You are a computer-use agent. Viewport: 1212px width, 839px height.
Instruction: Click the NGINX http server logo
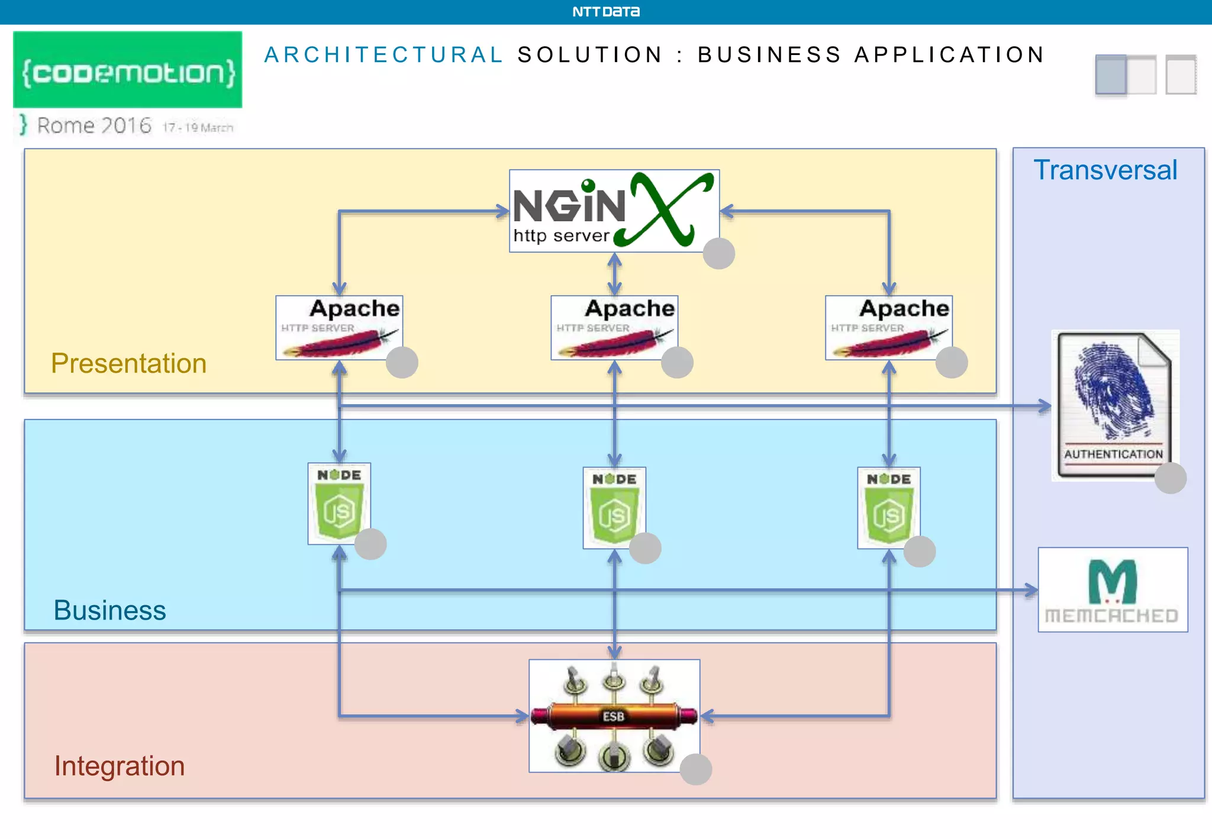pyautogui.click(x=614, y=211)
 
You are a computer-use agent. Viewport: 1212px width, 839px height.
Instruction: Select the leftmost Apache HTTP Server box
pyautogui.click(x=339, y=327)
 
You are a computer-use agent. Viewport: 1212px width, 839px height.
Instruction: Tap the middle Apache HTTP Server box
pyautogui.click(x=614, y=327)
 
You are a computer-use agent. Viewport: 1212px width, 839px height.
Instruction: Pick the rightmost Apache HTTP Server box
pyautogui.click(x=888, y=327)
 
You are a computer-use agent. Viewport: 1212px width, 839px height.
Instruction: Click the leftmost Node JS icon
pyautogui.click(x=339, y=503)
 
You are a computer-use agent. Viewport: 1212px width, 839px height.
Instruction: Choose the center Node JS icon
pyautogui.click(x=614, y=508)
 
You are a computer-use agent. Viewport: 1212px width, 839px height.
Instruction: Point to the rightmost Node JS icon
pyautogui.click(x=888, y=508)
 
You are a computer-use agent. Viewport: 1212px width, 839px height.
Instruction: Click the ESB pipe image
pyautogui.click(x=614, y=715)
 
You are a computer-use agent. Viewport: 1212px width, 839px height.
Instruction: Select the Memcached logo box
pyautogui.click(x=1113, y=589)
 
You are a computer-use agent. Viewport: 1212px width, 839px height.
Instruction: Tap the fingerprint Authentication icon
pyautogui.click(x=1115, y=405)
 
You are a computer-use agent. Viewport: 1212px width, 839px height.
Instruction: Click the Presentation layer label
pyautogui.click(x=128, y=363)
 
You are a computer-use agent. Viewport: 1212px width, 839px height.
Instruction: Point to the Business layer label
pyautogui.click(x=109, y=610)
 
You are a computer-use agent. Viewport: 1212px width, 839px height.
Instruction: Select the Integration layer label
pyautogui.click(x=119, y=766)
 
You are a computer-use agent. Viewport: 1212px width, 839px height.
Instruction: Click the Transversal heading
pyautogui.click(x=1105, y=170)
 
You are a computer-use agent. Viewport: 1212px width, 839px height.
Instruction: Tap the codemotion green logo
pyautogui.click(x=128, y=70)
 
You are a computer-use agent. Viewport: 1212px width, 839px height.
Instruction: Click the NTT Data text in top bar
pyautogui.click(x=605, y=12)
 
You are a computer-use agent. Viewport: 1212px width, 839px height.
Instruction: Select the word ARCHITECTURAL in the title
pyautogui.click(x=383, y=55)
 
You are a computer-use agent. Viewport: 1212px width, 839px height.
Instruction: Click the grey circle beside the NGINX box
pyautogui.click(x=718, y=254)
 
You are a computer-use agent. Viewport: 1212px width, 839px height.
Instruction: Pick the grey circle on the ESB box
pyautogui.click(x=695, y=769)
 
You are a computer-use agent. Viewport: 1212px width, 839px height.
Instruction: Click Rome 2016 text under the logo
pyautogui.click(x=95, y=125)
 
